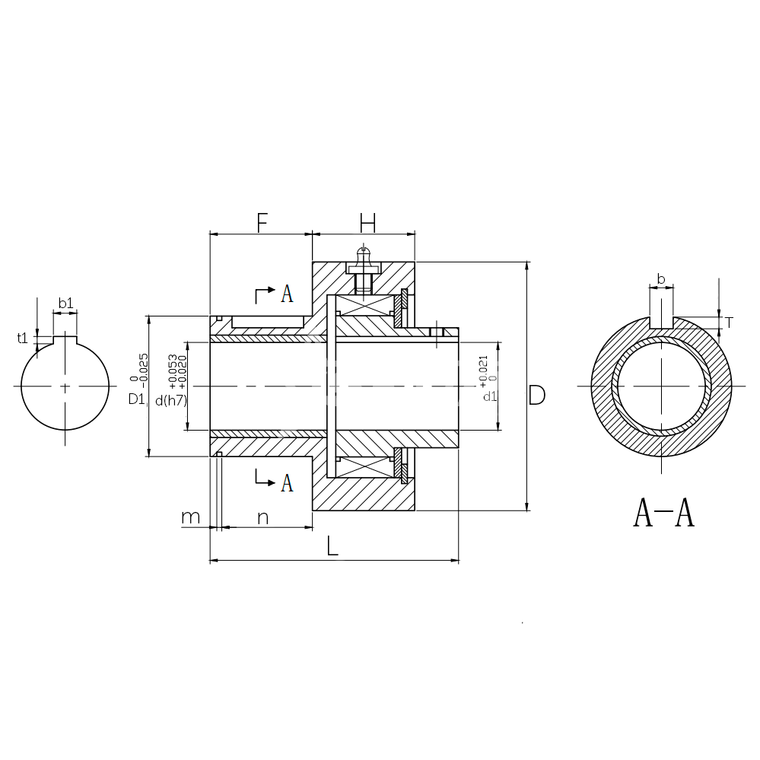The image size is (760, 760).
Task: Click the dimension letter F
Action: [262, 222]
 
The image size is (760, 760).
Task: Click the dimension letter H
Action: [368, 222]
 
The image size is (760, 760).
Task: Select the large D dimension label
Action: [537, 396]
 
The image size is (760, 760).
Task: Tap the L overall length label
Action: [332, 546]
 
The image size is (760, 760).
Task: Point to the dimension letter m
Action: [190, 517]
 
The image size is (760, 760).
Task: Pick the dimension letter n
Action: [262, 518]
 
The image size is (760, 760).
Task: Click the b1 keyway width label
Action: [66, 303]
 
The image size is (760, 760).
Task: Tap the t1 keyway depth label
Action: [22, 338]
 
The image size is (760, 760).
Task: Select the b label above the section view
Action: [661, 279]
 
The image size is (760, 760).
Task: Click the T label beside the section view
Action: [729, 323]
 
